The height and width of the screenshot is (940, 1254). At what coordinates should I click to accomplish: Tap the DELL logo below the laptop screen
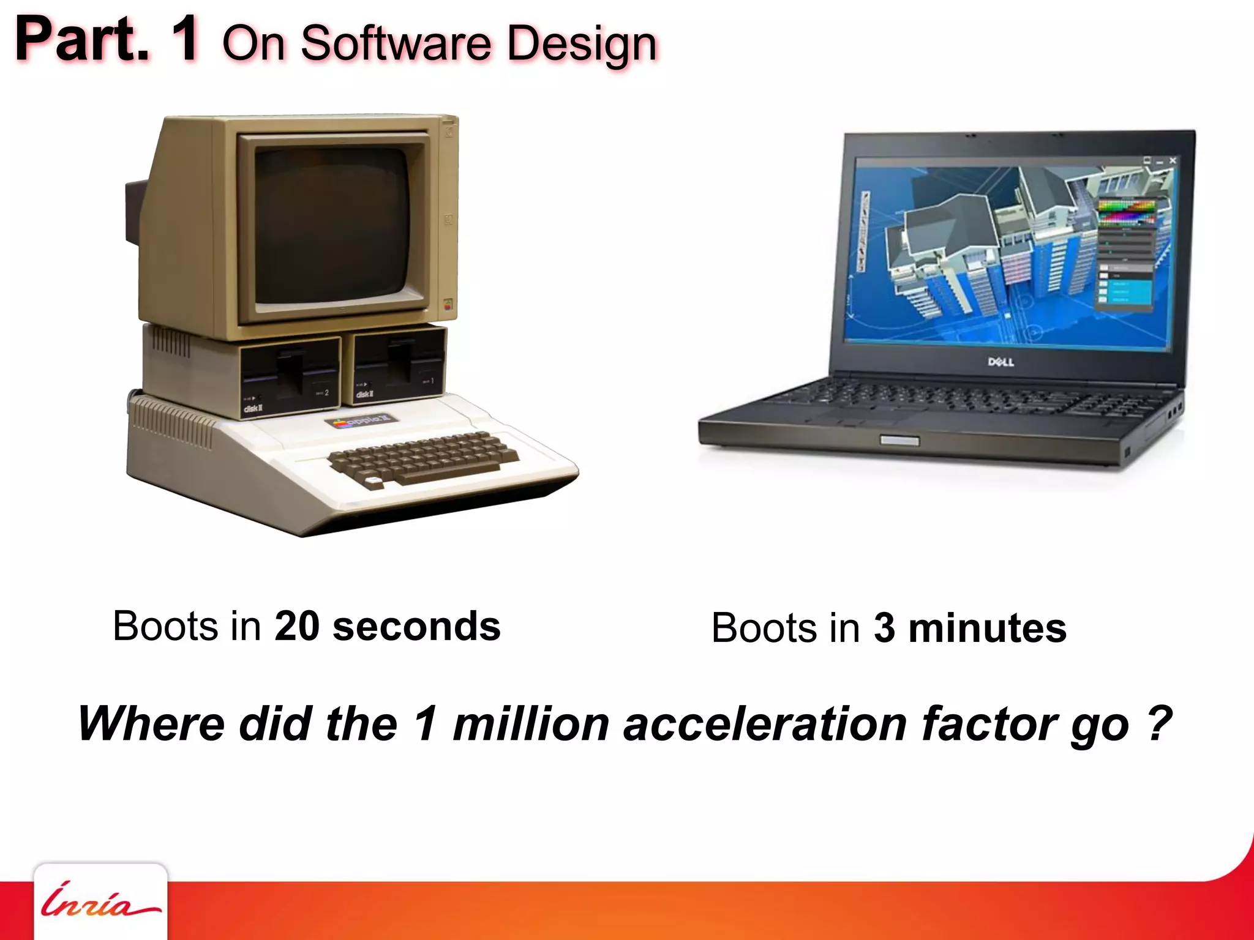point(1001,362)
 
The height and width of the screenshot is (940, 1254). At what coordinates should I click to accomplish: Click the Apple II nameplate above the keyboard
point(362,421)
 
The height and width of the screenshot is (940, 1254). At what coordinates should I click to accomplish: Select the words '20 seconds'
point(388,627)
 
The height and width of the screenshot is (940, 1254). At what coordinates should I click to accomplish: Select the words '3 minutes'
point(970,629)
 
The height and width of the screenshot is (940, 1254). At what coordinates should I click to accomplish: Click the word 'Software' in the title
point(396,44)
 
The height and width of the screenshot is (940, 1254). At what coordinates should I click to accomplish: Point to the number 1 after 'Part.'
point(184,39)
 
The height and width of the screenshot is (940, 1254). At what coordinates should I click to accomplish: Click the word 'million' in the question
point(530,724)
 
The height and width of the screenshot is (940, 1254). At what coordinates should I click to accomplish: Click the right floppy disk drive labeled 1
point(399,366)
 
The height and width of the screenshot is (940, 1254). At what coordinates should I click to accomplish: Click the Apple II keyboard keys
point(422,456)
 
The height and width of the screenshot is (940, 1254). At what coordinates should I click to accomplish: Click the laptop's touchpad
point(869,418)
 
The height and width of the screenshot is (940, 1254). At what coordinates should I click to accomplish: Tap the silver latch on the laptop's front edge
point(899,441)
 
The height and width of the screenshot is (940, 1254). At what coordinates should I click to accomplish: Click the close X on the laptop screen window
point(1173,160)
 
